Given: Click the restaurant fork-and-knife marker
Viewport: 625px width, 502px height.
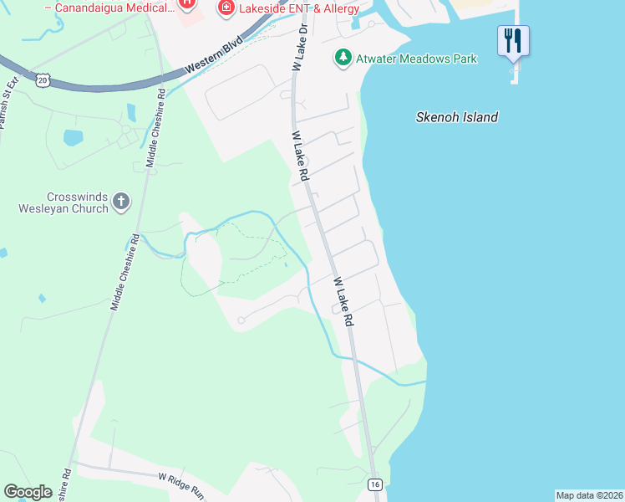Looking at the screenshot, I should (x=513, y=40).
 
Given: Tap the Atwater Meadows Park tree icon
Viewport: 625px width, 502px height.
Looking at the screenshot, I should (x=343, y=58).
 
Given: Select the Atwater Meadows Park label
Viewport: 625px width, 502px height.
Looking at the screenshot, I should (x=416, y=59).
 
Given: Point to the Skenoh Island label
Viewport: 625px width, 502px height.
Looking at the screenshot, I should (x=457, y=117).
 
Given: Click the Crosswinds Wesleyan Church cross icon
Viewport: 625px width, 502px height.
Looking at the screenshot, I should (x=121, y=201).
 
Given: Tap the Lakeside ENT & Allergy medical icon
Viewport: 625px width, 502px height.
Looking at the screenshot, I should (x=225, y=8).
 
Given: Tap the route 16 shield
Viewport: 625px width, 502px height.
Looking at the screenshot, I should (x=375, y=484).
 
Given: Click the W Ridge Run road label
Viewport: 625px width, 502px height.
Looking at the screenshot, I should (x=181, y=485).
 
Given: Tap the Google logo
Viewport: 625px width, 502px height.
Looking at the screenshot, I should (x=28, y=492).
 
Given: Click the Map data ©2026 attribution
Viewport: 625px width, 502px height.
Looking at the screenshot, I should (x=589, y=494).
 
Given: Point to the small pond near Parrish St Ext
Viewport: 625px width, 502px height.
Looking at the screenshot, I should (x=74, y=136).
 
